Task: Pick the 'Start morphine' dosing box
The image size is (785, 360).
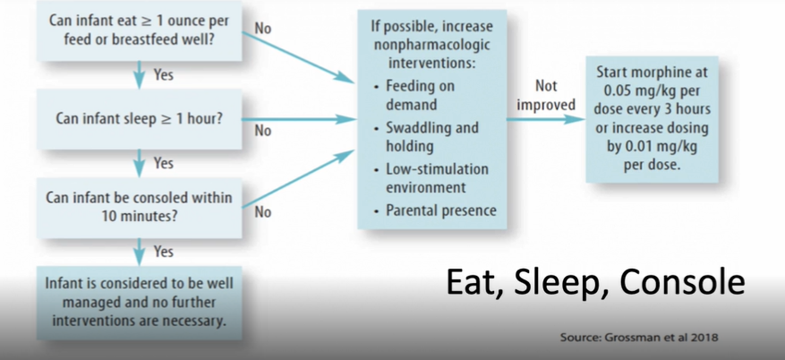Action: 651,120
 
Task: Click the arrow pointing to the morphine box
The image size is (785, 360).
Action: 546,119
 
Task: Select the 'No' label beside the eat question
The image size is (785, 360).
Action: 262,29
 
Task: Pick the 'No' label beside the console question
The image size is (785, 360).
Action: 263,212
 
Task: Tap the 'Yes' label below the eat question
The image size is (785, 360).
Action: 163,75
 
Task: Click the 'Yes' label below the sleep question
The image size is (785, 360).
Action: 163,163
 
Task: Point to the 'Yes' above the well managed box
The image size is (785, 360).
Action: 163,252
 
